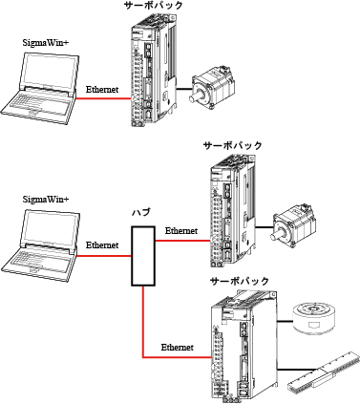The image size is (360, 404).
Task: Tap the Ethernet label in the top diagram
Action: tap(102, 88)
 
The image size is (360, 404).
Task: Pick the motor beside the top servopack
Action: tap(209, 86)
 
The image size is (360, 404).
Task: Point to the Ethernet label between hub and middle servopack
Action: tap(181, 231)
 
